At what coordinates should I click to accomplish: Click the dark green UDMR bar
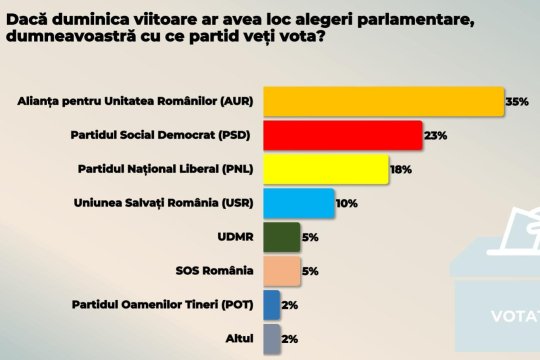(x=281, y=237)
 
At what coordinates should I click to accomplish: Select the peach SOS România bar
(x=281, y=271)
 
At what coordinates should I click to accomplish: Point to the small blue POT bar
(x=271, y=305)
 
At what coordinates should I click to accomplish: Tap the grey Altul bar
(x=271, y=339)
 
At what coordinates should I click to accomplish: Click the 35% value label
(x=516, y=102)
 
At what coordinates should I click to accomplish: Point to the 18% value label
(x=401, y=170)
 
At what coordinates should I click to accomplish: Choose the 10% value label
(x=347, y=204)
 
